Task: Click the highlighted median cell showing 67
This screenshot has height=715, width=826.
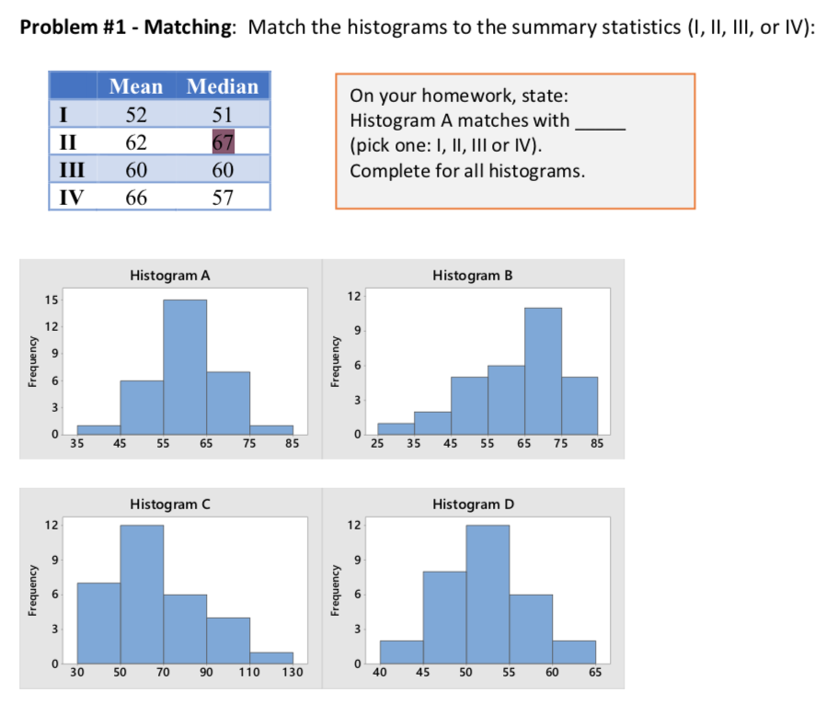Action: click(223, 142)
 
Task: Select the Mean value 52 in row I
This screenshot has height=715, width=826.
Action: click(136, 114)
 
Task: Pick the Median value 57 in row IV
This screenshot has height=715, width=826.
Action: click(223, 197)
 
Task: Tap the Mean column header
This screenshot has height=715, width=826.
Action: click(136, 86)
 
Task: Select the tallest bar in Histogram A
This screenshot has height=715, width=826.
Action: click(185, 367)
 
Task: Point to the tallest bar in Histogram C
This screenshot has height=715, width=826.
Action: click(142, 594)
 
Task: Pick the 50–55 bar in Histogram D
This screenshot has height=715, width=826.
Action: click(487, 594)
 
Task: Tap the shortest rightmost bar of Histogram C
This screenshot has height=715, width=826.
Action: click(271, 658)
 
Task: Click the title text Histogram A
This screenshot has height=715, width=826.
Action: click(170, 275)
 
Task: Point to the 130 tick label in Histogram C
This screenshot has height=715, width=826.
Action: click(293, 674)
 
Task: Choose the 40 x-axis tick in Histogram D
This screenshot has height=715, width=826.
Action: click(379, 674)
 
